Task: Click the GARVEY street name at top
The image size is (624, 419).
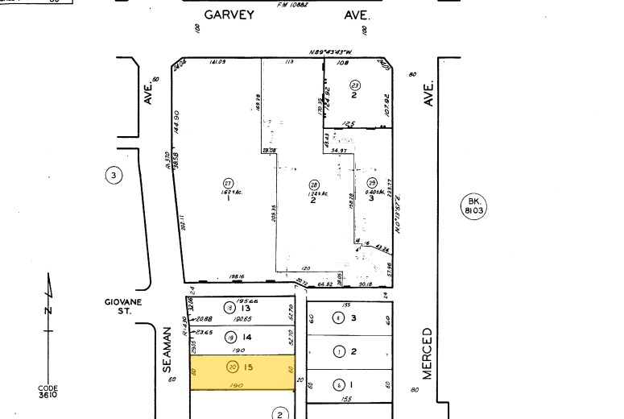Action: [x=230, y=15]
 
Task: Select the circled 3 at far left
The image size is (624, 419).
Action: [x=114, y=175]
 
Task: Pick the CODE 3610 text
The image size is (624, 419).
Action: [x=48, y=391]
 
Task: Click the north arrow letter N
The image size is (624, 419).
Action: [x=48, y=309]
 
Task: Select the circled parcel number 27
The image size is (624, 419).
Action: [x=228, y=181]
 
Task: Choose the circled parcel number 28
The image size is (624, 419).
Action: [x=313, y=183]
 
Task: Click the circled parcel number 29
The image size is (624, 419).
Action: [x=371, y=182]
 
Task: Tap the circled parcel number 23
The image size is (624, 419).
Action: [x=354, y=85]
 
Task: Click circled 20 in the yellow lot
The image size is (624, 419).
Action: [x=233, y=367]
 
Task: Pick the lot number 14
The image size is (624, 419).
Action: [x=246, y=338]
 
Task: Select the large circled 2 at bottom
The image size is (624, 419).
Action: [x=279, y=414]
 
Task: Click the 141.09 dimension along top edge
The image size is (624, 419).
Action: [x=216, y=62]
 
